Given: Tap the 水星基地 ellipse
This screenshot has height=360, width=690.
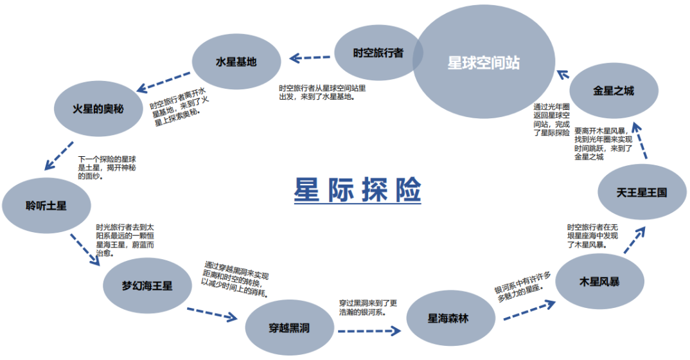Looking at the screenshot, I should [x=236, y=62].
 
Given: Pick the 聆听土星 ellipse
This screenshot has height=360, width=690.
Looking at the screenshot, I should [x=46, y=206].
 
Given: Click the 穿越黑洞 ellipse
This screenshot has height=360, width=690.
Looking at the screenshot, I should [x=289, y=328].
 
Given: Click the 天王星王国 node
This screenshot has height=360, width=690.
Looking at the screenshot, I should [x=641, y=192].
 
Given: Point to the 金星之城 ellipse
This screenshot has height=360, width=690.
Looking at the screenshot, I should [x=613, y=91].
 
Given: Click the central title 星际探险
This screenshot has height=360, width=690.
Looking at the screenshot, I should [x=357, y=190].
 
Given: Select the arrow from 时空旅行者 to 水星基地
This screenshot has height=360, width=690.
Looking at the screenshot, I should [x=310, y=57].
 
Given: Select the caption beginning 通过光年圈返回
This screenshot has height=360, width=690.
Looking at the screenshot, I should [x=551, y=120].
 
